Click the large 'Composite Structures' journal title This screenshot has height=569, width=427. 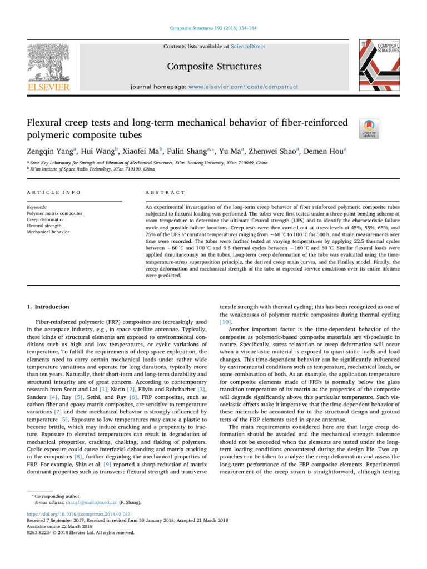[213, 67]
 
